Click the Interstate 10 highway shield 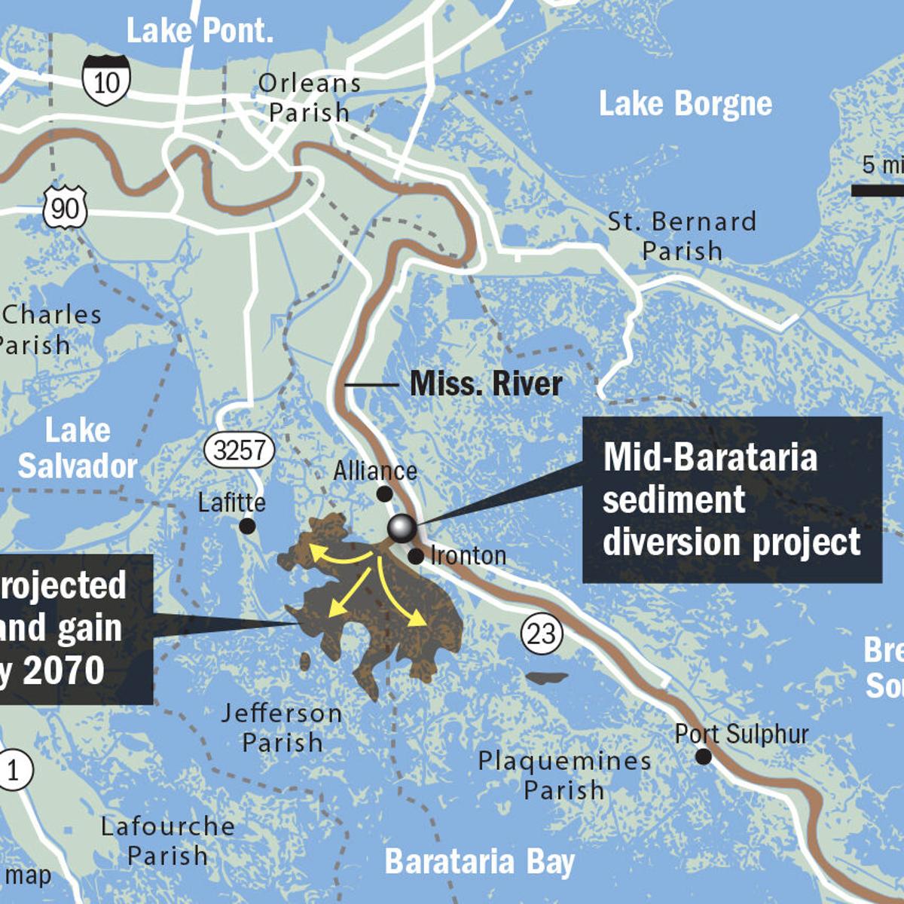[106, 80]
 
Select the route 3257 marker [239, 450]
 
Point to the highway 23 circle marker [541, 634]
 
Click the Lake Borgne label [685, 104]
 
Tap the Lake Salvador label [78, 448]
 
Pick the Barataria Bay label [479, 862]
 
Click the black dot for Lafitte [247, 526]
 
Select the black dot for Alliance [384, 494]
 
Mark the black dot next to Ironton [416, 556]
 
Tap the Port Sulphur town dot [703, 756]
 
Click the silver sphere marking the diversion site [402, 528]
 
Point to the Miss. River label [486, 383]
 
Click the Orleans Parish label [309, 98]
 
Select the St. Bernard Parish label [682, 236]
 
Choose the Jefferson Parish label [282, 728]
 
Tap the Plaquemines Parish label [564, 775]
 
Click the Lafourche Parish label [167, 841]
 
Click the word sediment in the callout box [673, 499]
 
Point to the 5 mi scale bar [878, 190]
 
